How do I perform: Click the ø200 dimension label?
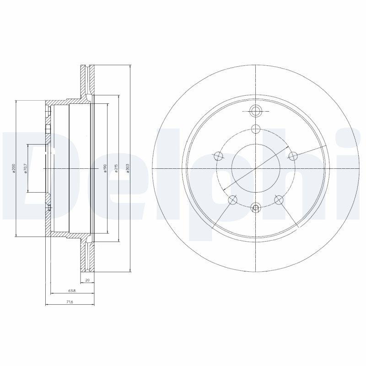pos(14,169)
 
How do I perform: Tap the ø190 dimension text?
pos(105,169)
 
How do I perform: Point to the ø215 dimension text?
pos(117,169)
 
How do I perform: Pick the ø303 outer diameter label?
pos(129,169)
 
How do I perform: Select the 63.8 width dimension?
pos(72,291)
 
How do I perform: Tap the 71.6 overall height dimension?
pos(69,302)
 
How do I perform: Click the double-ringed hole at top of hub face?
pos(256,110)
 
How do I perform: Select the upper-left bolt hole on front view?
pos(219,156)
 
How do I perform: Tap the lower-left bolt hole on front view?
pos(233,199)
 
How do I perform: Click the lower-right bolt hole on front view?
pos(279,199)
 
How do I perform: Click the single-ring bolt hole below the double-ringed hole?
pos(256,129)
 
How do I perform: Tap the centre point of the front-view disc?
pos(256,169)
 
